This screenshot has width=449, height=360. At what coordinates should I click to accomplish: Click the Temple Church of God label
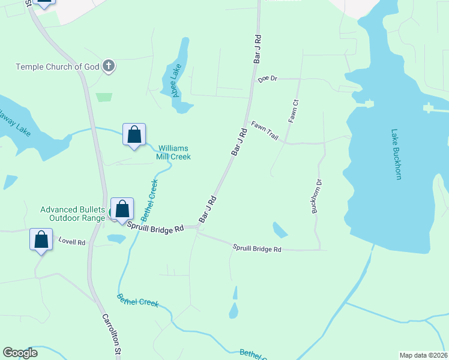(58, 67)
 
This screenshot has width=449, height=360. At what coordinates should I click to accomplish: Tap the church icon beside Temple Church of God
(109, 66)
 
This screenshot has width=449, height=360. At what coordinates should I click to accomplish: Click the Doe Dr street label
(268, 79)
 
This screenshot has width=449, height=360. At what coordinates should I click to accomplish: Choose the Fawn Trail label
(265, 131)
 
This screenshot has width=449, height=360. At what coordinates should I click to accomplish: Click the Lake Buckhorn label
(396, 154)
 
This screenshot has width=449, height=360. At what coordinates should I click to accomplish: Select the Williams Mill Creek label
(174, 152)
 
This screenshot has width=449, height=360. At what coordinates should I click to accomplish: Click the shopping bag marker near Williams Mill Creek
(134, 134)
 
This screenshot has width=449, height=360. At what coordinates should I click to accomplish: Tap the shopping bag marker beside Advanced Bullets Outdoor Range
(122, 209)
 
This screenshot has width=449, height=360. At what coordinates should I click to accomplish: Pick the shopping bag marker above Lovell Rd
(41, 239)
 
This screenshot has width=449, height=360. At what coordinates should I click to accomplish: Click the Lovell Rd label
(71, 242)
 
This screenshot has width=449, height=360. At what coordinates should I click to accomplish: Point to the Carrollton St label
(111, 336)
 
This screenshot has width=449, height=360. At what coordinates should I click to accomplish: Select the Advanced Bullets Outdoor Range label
(73, 214)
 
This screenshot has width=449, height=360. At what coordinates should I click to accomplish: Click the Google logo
(20, 353)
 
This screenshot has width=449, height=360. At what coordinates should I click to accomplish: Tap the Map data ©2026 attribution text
(423, 355)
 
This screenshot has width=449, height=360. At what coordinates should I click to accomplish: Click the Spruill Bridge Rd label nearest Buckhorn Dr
(257, 248)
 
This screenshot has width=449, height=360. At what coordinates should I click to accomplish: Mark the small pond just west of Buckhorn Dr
(280, 229)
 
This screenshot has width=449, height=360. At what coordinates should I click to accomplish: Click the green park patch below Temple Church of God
(104, 97)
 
